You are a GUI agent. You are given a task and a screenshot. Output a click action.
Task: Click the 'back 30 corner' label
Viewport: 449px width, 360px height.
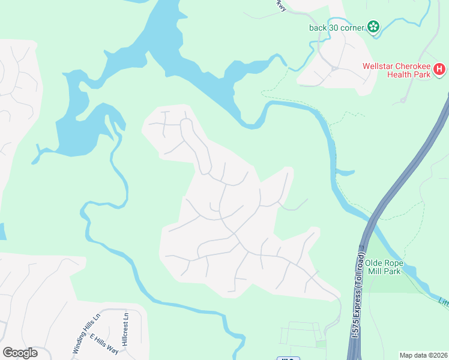[336, 27]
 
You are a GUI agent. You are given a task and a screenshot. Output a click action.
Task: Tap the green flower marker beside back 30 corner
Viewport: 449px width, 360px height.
[374, 26]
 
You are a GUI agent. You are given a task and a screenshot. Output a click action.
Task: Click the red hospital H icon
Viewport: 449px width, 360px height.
[440, 69]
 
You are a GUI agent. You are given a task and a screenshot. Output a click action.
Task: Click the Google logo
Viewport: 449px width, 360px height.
[20, 353]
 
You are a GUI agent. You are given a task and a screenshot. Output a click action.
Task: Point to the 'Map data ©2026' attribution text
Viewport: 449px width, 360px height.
[424, 355]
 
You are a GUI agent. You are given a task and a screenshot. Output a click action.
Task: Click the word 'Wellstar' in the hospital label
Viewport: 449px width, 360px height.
[378, 66]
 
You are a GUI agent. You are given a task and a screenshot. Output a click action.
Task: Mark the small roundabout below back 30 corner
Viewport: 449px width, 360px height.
[334, 68]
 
